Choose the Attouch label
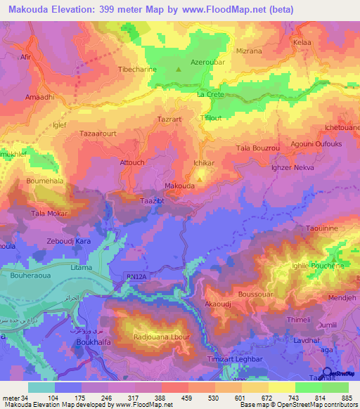[x=132, y=162]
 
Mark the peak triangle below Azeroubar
[x=179, y=70]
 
